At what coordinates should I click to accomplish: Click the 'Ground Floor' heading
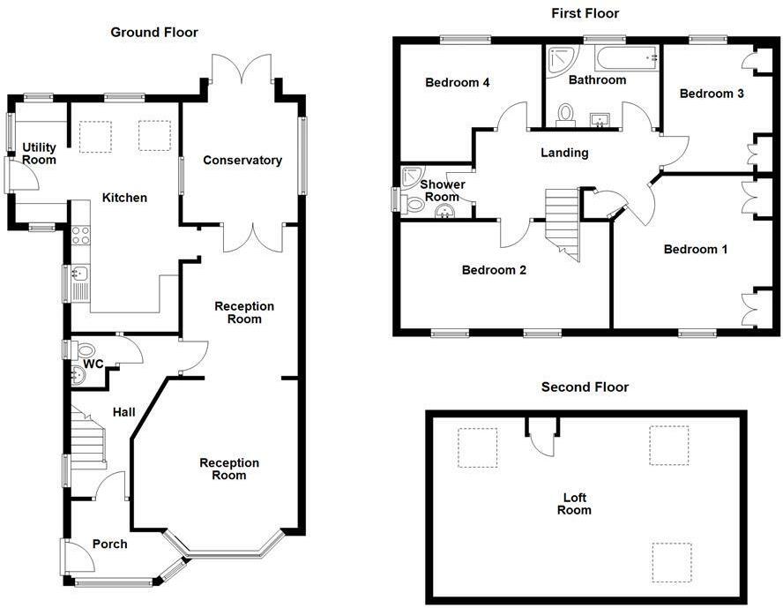pyautogui.click(x=154, y=33)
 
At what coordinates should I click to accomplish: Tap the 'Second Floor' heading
pyautogui.click(x=585, y=387)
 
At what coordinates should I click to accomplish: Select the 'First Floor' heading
pyautogui.click(x=585, y=13)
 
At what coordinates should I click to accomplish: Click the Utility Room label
pyautogui.click(x=40, y=154)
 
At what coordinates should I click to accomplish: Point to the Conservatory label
pyautogui.click(x=242, y=160)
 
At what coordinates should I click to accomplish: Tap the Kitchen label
pyautogui.click(x=124, y=198)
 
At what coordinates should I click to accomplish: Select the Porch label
pyautogui.click(x=110, y=544)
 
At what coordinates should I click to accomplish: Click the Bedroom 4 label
pyautogui.click(x=458, y=83)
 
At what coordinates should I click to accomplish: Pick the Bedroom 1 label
pyautogui.click(x=696, y=249)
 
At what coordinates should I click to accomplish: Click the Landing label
pyautogui.click(x=564, y=153)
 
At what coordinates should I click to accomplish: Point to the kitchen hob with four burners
pyautogui.click(x=79, y=235)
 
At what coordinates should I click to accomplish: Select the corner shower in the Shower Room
pyautogui.click(x=411, y=176)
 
